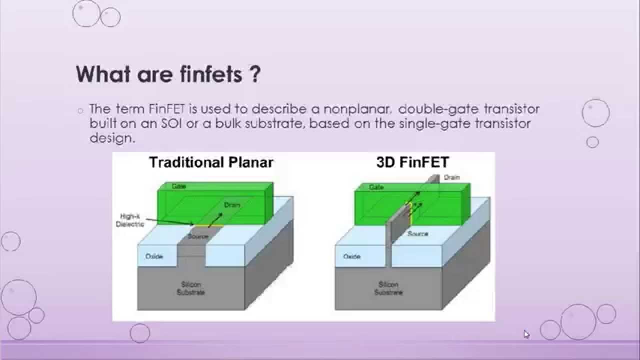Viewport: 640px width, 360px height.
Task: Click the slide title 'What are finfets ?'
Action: (x=168, y=74)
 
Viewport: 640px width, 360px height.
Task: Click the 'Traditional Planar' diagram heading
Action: (x=211, y=162)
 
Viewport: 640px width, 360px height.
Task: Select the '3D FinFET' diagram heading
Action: (x=412, y=162)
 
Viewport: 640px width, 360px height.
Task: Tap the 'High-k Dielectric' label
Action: (x=130, y=220)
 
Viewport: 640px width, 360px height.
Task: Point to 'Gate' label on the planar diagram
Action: (x=178, y=186)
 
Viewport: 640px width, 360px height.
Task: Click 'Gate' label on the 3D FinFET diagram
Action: (x=376, y=187)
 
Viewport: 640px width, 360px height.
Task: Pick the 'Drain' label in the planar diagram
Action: (x=231, y=205)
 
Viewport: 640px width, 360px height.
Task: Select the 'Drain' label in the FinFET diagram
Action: (x=451, y=177)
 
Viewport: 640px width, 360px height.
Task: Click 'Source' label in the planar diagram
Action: (x=198, y=236)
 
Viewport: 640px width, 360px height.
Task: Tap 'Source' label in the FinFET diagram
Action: (x=417, y=233)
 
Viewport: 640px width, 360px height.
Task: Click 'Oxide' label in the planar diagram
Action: (x=154, y=256)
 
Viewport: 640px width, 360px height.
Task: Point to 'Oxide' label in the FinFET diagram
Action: (x=351, y=256)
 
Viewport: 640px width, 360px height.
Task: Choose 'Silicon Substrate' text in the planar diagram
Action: (x=190, y=288)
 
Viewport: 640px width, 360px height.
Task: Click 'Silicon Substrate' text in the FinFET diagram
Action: (x=388, y=288)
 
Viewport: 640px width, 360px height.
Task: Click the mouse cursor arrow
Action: (x=526, y=333)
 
